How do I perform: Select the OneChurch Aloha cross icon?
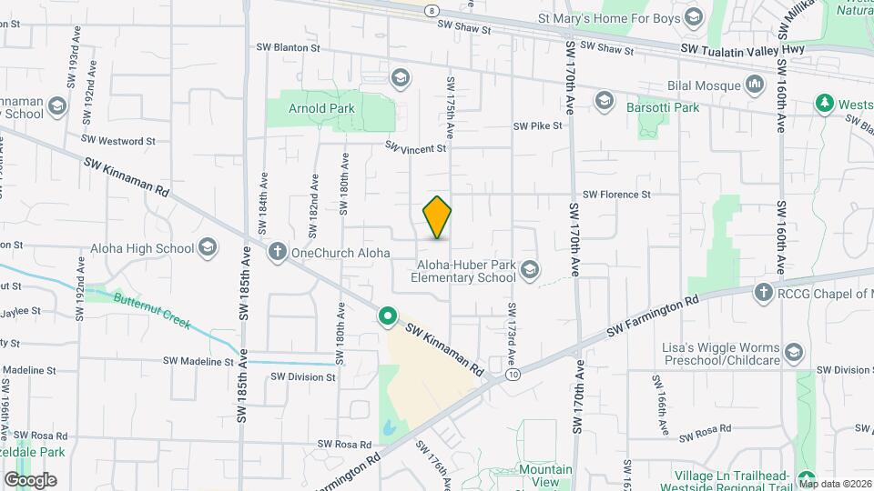[278, 252]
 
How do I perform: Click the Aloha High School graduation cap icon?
[208, 248]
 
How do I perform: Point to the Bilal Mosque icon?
[754, 86]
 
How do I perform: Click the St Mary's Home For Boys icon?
[694, 17]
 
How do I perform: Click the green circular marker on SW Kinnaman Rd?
[388, 316]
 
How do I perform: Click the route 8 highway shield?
[431, 8]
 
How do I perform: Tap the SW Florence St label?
[616, 195]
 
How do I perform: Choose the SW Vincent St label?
[415, 146]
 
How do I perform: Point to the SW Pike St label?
[538, 126]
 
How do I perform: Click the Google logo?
[30, 479]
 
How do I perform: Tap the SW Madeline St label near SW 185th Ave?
[198, 361]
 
